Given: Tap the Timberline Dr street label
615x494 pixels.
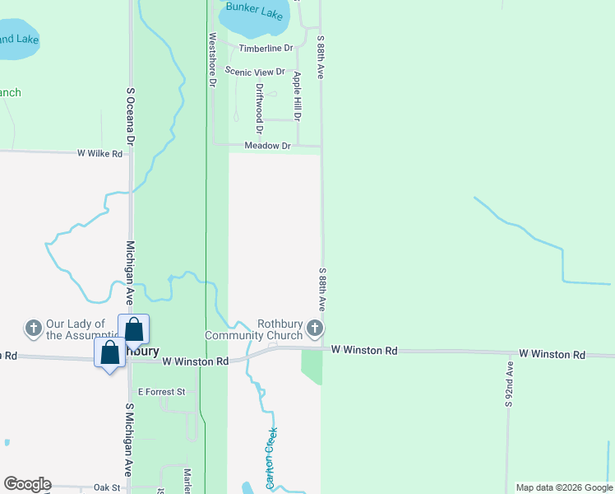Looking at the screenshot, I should coord(266,49).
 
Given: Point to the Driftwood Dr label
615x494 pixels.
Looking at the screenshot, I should coord(259,109).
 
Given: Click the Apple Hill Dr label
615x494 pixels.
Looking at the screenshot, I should coord(297,96).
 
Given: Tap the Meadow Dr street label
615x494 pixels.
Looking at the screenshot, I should coord(268,146).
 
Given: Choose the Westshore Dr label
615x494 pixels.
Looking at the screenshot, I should coord(212,59).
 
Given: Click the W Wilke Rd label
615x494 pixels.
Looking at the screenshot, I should coord(99,153).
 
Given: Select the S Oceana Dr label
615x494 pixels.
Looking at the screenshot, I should coord(130,112).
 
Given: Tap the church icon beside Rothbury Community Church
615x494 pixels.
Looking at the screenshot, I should coord(314,330).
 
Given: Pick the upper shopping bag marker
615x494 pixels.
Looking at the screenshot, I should coord(134,329).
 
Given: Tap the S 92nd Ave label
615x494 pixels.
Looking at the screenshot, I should coord(509,385).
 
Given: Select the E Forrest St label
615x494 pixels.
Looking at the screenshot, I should coord(162,392).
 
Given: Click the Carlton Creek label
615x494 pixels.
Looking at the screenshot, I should coord(272,458).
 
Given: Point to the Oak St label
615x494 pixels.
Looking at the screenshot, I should coord(107,487).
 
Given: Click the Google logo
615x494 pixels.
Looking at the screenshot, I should coord(27,484).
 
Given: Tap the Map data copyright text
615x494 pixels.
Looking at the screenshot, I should coord(564,487).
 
